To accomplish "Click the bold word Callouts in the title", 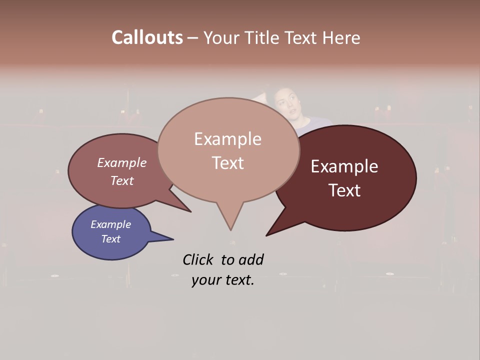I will (147, 37).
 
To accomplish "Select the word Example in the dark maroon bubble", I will (344, 166).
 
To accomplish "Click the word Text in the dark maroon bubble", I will (344, 190).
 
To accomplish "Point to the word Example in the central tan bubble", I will (227, 139).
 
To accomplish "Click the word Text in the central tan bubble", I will (227, 163).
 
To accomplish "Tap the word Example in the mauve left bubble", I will (122, 162).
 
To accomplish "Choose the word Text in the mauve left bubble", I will (122, 180).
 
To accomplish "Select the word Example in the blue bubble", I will (110, 224).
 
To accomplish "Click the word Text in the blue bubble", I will (110, 239).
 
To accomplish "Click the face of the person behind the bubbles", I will (286, 102).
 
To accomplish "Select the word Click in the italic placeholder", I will (198, 259).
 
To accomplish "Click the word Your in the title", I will (222, 37).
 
